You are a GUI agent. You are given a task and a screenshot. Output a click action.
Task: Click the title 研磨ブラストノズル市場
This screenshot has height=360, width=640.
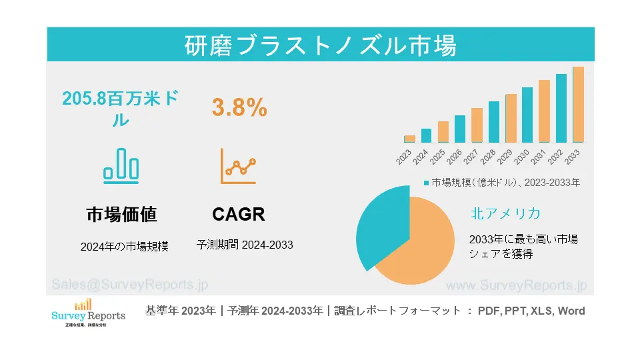(x=320, y=45)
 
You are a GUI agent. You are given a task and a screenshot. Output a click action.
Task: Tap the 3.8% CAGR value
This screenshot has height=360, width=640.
(x=239, y=107)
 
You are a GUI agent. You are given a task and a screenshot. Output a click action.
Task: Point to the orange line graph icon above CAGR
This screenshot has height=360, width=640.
(x=239, y=166)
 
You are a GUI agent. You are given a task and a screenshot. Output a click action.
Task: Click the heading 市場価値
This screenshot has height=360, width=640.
(x=121, y=215)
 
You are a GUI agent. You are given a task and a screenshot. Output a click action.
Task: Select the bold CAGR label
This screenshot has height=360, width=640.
(x=239, y=215)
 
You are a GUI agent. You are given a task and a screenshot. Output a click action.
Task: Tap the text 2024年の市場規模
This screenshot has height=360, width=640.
(x=124, y=246)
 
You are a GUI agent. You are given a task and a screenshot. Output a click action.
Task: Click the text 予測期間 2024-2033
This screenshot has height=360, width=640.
(x=245, y=245)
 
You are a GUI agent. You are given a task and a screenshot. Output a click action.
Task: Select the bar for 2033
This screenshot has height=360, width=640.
(x=578, y=105)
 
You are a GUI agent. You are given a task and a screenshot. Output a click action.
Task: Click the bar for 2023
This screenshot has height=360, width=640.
(x=409, y=139)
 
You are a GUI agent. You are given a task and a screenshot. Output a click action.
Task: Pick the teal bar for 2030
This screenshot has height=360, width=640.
(x=527, y=115)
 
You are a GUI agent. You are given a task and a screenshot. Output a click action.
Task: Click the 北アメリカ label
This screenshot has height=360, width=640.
(x=505, y=213)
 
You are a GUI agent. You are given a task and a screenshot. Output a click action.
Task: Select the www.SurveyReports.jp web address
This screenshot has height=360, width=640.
(x=515, y=285)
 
